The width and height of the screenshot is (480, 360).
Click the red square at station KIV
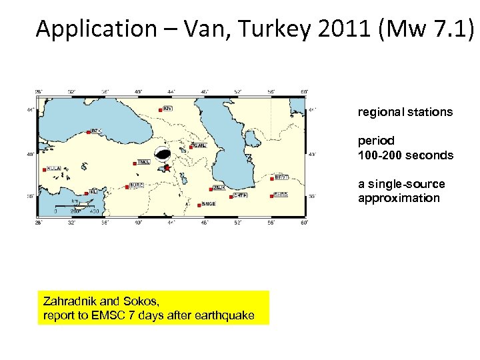pos(162,108)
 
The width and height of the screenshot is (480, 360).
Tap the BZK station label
pos(95,131)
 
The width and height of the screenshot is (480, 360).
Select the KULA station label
pos(54,169)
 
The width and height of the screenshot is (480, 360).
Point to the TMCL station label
pos(144,162)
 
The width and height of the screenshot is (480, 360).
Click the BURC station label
pos(137,185)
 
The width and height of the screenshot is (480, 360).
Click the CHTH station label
pos(241,196)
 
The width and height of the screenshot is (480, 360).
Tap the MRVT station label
pos(281,177)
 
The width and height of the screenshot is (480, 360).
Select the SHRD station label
pos(281,195)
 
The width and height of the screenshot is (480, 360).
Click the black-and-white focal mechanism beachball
pos(162,154)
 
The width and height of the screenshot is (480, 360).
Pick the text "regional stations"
pos(405,112)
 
